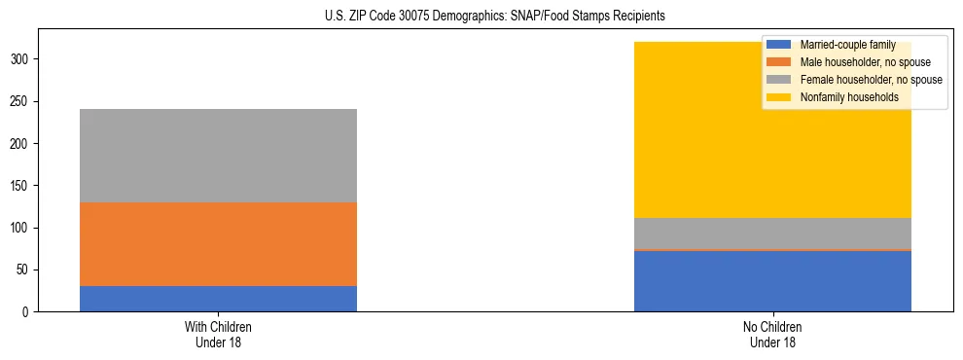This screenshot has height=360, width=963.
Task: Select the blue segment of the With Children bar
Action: tap(218, 299)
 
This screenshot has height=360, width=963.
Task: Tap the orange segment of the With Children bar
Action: tap(218, 244)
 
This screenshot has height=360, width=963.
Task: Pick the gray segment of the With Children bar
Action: tap(218, 156)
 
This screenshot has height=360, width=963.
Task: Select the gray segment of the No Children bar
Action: tap(772, 234)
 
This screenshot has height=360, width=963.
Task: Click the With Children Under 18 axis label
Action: tap(218, 334)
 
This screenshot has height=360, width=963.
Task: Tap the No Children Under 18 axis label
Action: tap(772, 334)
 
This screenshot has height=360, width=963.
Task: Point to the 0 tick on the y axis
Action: tap(26, 312)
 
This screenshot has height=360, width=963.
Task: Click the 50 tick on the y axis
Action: tap(23, 270)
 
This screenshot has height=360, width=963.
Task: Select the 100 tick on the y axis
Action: tap(20, 228)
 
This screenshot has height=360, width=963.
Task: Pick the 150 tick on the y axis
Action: tap(20, 186)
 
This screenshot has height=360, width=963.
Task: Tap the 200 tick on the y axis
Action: tap(20, 144)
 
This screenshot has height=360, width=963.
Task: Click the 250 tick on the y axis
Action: tap(20, 101)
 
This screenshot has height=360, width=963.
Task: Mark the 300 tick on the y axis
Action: tap(20, 59)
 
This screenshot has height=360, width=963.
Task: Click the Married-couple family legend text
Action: tap(846, 45)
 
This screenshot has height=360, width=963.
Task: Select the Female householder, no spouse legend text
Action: tap(871, 80)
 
